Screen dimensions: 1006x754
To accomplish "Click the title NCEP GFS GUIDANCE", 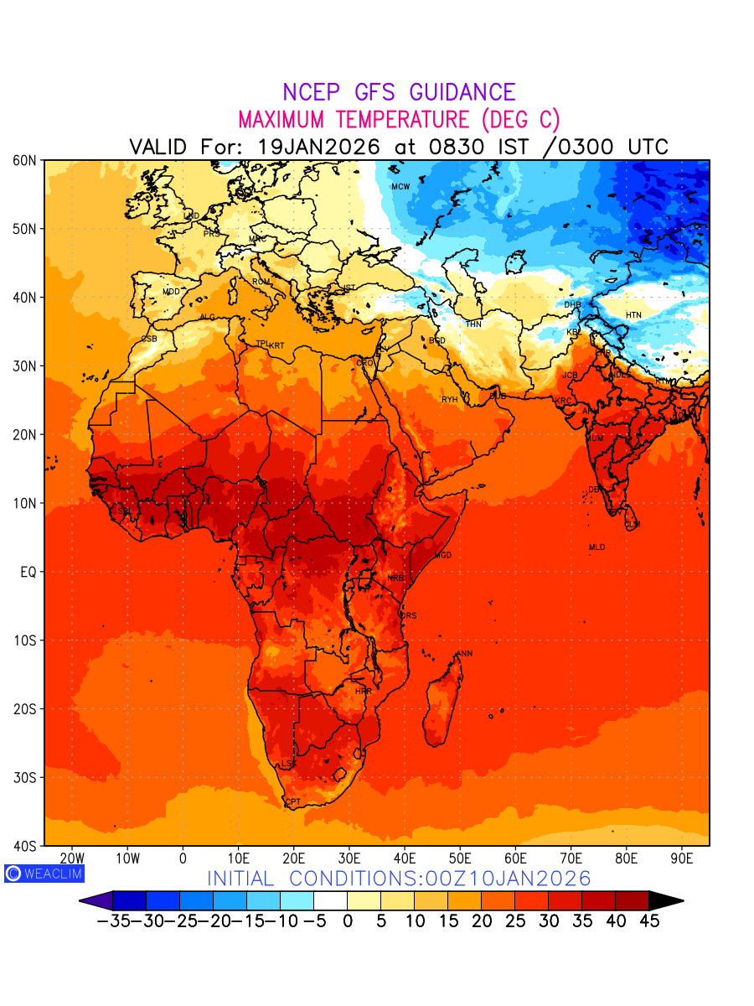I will (x=399, y=92).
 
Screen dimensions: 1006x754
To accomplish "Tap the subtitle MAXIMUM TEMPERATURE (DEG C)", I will (x=399, y=119).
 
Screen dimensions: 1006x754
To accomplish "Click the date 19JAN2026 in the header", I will (x=318, y=147).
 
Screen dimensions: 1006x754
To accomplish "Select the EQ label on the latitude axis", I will (x=28, y=572).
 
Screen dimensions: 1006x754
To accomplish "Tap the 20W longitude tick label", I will (x=73, y=858).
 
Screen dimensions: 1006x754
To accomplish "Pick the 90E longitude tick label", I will (x=682, y=858).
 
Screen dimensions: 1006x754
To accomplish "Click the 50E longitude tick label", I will (x=460, y=858).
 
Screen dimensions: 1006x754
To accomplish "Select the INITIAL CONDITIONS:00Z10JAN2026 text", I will (x=399, y=879).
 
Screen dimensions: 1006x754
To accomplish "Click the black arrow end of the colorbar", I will (x=666, y=900).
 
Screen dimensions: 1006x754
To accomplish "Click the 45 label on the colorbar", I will (x=648, y=920).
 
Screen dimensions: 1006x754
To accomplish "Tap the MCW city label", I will (x=400, y=187).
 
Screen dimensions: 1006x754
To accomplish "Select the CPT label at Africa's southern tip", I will (x=293, y=802).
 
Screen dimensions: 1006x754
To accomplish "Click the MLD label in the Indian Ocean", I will (x=596, y=547).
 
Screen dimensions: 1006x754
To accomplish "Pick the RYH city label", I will (x=450, y=400).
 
